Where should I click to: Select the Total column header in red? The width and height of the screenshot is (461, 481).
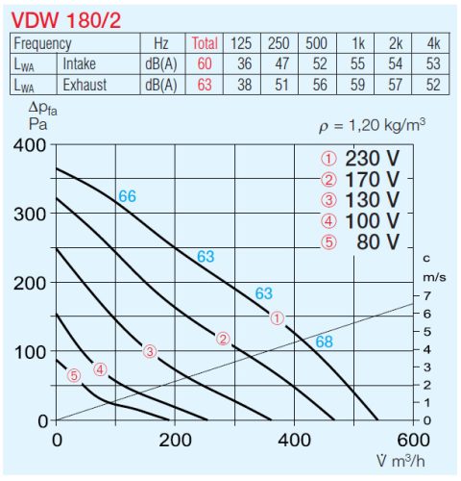point(205,43)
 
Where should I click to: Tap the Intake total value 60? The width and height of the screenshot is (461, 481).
point(205,63)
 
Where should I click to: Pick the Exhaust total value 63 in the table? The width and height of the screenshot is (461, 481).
point(205,84)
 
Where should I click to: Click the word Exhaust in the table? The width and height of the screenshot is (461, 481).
point(85,84)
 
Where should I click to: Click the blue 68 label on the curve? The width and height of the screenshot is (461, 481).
point(324,342)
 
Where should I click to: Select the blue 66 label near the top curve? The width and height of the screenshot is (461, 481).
point(127,196)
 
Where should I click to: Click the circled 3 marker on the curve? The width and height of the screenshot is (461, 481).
point(149,351)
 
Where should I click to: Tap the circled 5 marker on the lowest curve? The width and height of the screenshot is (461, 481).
point(74,375)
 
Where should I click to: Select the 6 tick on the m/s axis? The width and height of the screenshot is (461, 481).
point(427,313)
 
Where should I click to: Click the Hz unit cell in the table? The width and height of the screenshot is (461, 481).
point(160,43)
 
